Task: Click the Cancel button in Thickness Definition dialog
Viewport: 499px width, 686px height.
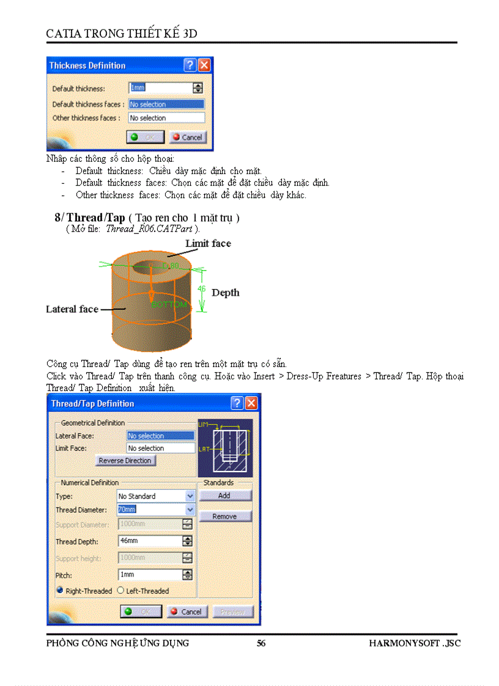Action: click(x=188, y=137)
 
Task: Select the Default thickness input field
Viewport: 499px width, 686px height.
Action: click(x=160, y=88)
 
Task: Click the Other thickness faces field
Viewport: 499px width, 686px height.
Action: click(x=166, y=118)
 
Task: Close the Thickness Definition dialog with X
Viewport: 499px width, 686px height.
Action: click(x=204, y=65)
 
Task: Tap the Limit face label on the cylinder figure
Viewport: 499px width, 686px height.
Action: click(x=208, y=243)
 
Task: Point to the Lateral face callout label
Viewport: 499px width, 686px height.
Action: click(x=72, y=309)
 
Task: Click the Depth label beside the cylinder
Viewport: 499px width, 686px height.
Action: click(x=225, y=293)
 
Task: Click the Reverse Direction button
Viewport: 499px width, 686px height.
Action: click(x=125, y=461)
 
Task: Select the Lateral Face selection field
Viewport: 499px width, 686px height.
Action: click(x=160, y=436)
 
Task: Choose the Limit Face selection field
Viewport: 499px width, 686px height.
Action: click(x=160, y=448)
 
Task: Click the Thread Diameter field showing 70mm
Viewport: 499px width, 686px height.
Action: click(x=151, y=509)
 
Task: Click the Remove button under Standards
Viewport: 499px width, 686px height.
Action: click(x=224, y=517)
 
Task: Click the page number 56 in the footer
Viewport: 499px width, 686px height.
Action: click(x=261, y=643)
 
